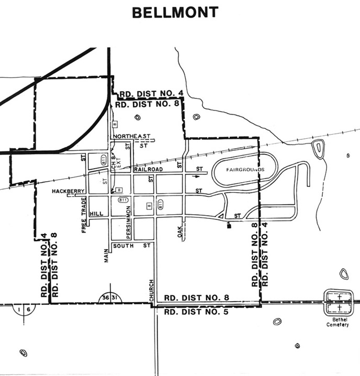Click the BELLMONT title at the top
[175, 12]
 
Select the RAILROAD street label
[148, 170]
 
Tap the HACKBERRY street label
[68, 192]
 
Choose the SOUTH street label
[123, 245]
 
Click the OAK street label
[179, 233]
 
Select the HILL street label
[96, 214]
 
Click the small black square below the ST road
[229, 227]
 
